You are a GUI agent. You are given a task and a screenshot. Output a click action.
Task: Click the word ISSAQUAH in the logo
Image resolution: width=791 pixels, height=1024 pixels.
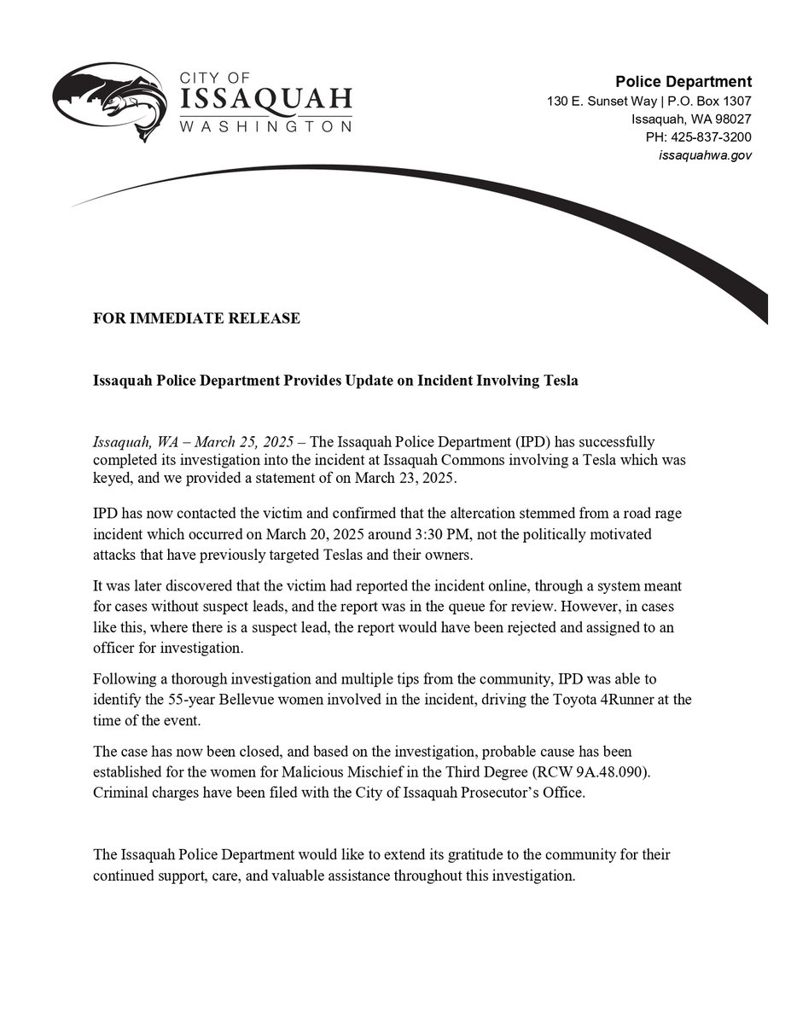[x=265, y=101]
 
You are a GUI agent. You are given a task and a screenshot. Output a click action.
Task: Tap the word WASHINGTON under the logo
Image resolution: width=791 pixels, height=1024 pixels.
[x=265, y=126]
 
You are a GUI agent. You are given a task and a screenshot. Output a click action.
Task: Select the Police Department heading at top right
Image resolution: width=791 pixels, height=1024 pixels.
[x=683, y=82]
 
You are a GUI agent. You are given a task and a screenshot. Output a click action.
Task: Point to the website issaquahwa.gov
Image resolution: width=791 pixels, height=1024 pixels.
[x=705, y=155]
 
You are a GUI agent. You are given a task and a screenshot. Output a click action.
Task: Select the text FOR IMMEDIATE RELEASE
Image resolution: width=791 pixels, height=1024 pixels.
[x=196, y=318]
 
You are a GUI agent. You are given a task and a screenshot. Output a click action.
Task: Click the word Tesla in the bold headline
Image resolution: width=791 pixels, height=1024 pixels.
[x=560, y=381]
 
